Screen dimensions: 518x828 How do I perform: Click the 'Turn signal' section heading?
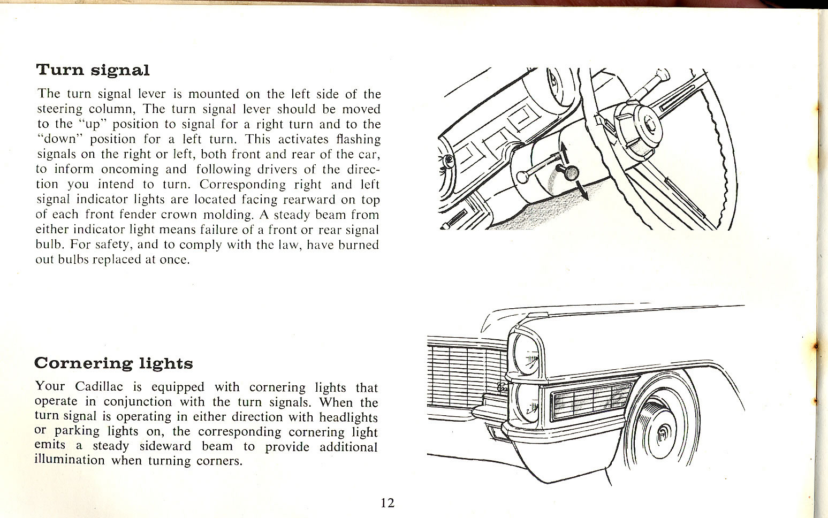click(93, 70)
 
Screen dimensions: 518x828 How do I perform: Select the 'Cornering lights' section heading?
click(113, 363)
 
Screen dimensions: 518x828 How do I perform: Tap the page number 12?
click(388, 502)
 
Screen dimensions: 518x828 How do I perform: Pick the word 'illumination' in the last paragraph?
click(69, 460)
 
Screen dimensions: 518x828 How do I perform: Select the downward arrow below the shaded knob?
click(581, 192)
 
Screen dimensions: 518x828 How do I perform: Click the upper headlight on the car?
click(527, 354)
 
